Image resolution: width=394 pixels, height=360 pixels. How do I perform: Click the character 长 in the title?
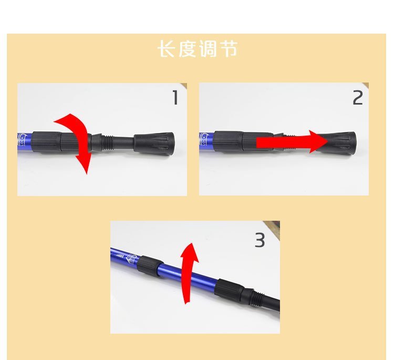[x=167, y=48]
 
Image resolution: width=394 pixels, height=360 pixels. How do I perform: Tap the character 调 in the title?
[x=207, y=48]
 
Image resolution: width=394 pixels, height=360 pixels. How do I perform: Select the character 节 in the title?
[x=227, y=48]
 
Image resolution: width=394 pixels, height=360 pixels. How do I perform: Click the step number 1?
[x=175, y=98]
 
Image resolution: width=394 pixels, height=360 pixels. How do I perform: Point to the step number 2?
[x=358, y=98]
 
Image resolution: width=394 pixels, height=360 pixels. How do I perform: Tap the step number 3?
[x=260, y=240]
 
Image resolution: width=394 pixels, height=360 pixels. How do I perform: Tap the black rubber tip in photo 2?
[x=343, y=142]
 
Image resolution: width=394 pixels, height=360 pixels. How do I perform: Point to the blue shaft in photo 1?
[x=24, y=142]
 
